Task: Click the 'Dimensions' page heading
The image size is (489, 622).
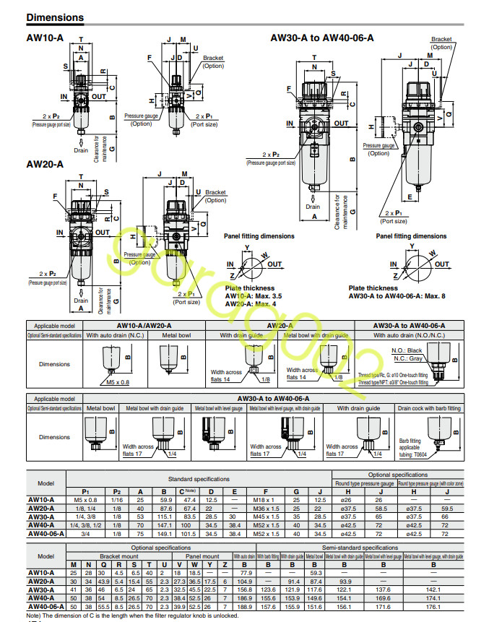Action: coord(55,17)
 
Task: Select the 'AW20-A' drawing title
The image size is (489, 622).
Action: coord(45,164)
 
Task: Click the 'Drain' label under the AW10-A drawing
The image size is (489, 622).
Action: coord(81,150)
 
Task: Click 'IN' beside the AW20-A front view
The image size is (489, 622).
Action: coord(61,233)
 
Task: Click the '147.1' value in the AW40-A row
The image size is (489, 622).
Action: coord(164,526)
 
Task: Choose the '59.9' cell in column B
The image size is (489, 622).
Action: coord(164,499)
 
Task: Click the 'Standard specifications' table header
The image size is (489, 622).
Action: coord(199,478)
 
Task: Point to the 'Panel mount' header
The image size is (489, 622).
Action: coord(202,556)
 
